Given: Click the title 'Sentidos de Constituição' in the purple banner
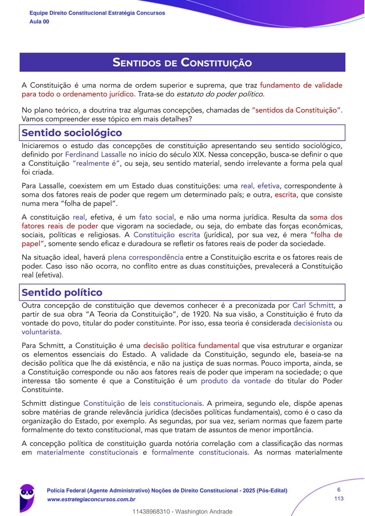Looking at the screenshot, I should pyautogui.click(x=182, y=63).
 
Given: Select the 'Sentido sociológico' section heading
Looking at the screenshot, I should pyautogui.click(x=72, y=133).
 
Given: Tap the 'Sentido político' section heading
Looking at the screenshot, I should pyautogui.click(x=62, y=292).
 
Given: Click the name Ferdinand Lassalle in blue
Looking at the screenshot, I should pyautogui.click(x=95, y=155).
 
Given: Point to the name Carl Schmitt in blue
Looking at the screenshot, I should pyautogui.click(x=313, y=306).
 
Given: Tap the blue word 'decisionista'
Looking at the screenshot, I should pyautogui.click(x=313, y=323).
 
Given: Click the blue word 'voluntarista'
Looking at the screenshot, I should pyautogui.click(x=41, y=332).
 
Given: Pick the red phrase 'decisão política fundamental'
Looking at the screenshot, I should pyautogui.click(x=191, y=346).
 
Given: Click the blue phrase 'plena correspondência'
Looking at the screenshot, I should pyautogui.click(x=145, y=257).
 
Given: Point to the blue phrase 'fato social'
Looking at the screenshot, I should pyautogui.click(x=156, y=217).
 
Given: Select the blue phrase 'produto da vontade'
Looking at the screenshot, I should pyautogui.click(x=236, y=381).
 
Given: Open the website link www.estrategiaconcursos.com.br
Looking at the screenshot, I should pyautogui.click(x=91, y=499).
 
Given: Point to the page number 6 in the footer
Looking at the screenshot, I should pyautogui.click(x=339, y=490).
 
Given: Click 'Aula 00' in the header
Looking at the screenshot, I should pyautogui.click(x=39, y=22).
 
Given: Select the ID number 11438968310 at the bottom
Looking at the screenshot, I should pyautogui.click(x=151, y=512).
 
